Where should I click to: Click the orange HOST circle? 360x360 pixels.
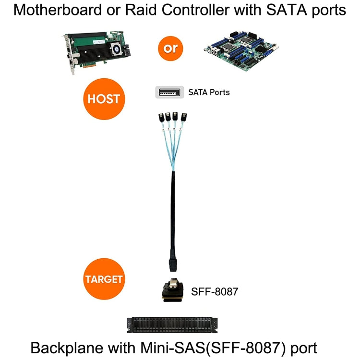tap(104, 99)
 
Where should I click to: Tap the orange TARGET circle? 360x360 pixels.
tap(104, 279)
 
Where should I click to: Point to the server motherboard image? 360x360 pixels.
tap(240, 49)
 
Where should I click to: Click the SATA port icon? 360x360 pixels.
tap(169, 92)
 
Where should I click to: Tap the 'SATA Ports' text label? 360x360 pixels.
tap(209, 92)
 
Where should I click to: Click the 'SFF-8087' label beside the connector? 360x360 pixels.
tap(215, 291)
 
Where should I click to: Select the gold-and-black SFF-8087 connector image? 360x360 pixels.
tap(172, 291)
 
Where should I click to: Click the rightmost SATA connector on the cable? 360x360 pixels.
tap(185, 117)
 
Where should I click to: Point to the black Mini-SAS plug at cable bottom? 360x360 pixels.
tap(173, 264)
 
